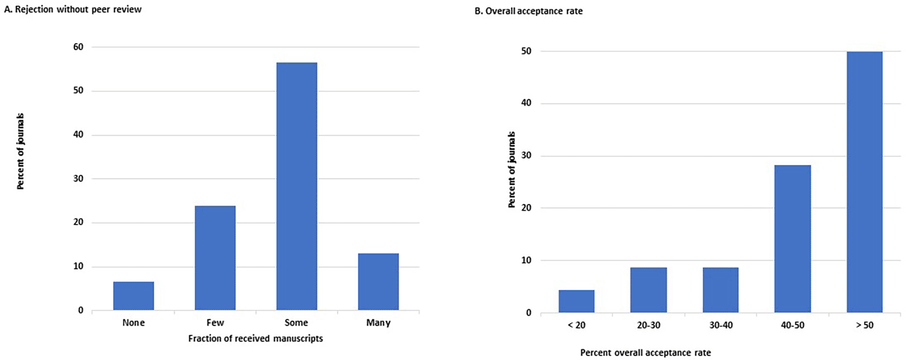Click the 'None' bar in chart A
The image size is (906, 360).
point(134,296)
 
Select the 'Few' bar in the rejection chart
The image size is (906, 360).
point(215,258)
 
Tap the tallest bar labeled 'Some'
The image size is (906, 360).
point(296,186)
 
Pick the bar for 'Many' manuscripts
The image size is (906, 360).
point(378,282)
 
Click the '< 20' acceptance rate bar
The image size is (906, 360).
point(576,301)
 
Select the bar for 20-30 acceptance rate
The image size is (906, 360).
point(649,290)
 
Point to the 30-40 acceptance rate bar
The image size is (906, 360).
point(720,290)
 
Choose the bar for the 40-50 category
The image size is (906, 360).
point(792,238)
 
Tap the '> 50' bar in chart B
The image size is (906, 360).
point(864,182)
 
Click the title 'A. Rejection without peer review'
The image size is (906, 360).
point(73,9)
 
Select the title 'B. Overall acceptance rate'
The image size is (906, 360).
point(528,11)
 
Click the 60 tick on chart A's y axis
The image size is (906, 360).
point(78,47)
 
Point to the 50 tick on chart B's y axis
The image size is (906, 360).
point(526,51)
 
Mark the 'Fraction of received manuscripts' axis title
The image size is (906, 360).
point(255,339)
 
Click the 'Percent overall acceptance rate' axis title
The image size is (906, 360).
point(645,352)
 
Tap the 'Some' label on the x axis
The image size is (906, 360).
point(296,323)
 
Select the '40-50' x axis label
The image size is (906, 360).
point(792,325)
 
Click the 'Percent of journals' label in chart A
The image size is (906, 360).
point(21,151)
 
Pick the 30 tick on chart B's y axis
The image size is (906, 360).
point(526,156)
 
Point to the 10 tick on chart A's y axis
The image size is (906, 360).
point(78,266)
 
